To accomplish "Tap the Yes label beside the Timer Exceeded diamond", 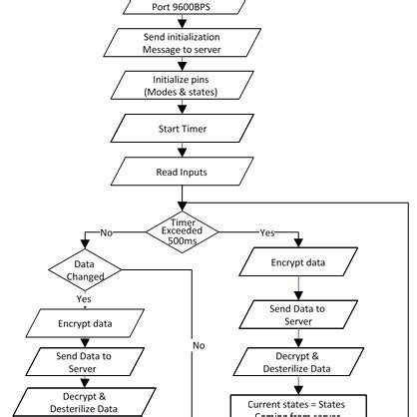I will [x=267, y=232].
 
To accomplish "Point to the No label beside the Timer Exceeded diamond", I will [x=107, y=232].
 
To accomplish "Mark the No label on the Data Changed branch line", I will [x=199, y=344].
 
